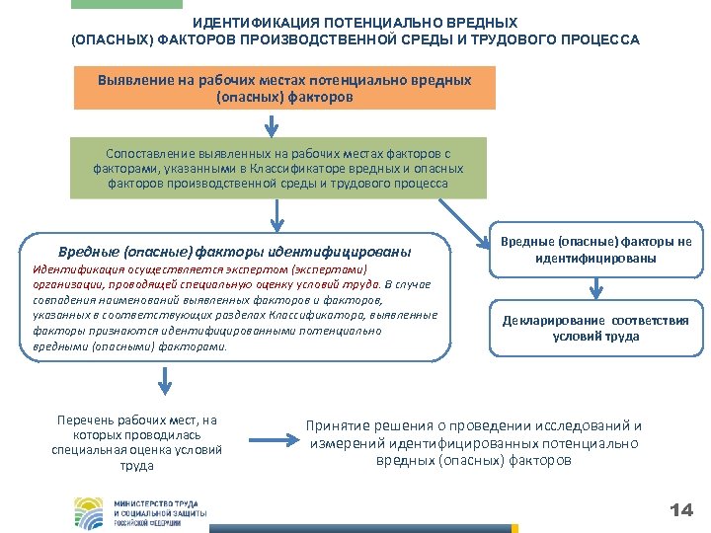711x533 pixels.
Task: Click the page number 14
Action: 681,510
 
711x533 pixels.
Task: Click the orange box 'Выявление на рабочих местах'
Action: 285,89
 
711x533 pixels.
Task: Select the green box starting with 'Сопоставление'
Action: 277,168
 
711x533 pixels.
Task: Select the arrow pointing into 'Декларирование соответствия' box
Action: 596,287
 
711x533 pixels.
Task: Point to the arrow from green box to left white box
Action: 277,214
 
